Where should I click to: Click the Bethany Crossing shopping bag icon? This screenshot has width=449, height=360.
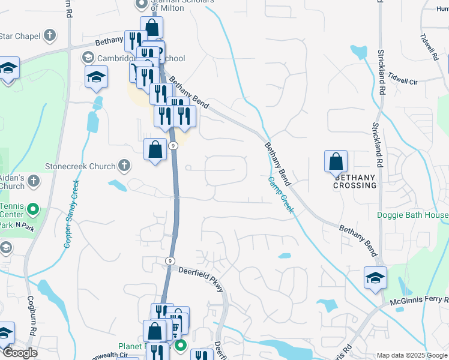pyautogui.click(x=336, y=161)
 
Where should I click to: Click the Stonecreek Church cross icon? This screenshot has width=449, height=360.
pyautogui.click(x=124, y=164)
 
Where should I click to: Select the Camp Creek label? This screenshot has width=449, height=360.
pyautogui.click(x=280, y=194)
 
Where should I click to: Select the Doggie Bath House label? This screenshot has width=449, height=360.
pyautogui.click(x=412, y=215)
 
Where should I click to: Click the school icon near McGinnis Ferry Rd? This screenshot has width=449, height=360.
pyautogui.click(x=375, y=278)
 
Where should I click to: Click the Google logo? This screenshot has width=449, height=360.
pyautogui.click(x=20, y=353)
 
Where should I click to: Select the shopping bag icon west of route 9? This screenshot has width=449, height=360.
pyautogui.click(x=155, y=149)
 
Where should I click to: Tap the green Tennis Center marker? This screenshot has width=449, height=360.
pyautogui.click(x=33, y=210)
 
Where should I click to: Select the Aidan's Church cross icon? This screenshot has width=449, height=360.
pyautogui.click(x=34, y=180)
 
